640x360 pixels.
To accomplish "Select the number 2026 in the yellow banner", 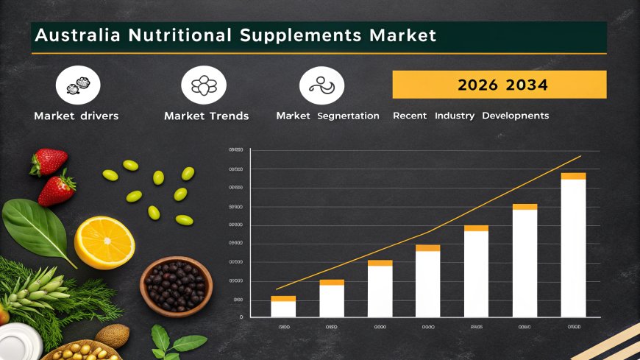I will [477, 85].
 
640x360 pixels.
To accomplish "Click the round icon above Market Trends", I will [204, 85].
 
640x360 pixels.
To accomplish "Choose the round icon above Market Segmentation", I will [321, 85].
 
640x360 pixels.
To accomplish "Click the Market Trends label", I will [207, 116].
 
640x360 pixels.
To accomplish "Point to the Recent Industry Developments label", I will [471, 116].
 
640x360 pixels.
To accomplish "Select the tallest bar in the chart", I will [574, 247].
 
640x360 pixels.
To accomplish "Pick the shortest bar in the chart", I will [283, 307].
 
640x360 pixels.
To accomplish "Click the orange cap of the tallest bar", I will [574, 176].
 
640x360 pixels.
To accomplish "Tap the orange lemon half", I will [104, 242].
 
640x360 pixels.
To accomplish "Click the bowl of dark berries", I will [176, 286].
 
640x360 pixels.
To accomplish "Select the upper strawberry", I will [49, 161].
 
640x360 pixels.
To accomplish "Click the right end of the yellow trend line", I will [580, 156].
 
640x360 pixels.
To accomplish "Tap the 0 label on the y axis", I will [241, 317].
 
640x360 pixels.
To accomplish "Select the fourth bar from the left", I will [427, 281].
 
